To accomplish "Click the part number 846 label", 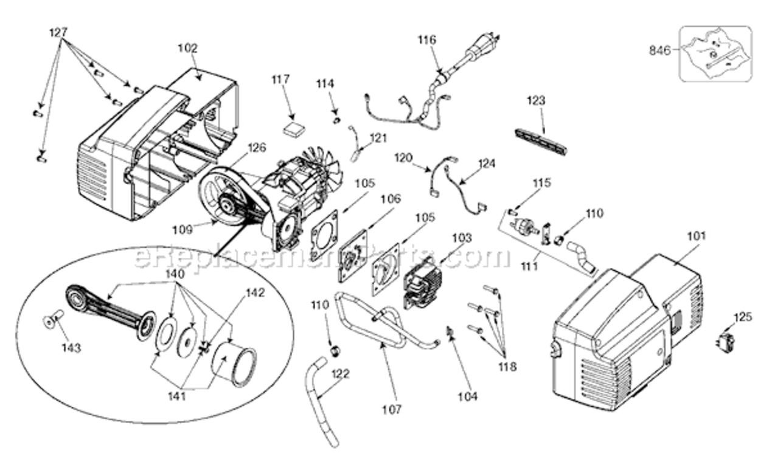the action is pos(659,50).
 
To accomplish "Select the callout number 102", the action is pos(188,48).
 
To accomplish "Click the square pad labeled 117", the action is pos(293,130).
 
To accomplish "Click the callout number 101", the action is pos(697,236).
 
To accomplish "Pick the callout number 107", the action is pos(392,410).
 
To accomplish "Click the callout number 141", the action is pos(177,396).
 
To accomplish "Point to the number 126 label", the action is pos(257,148).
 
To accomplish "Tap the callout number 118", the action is pos(507,367).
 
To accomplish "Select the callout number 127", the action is pos(58,32).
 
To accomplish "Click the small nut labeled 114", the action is pos(336,120).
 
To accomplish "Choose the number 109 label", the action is pos(183,230).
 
